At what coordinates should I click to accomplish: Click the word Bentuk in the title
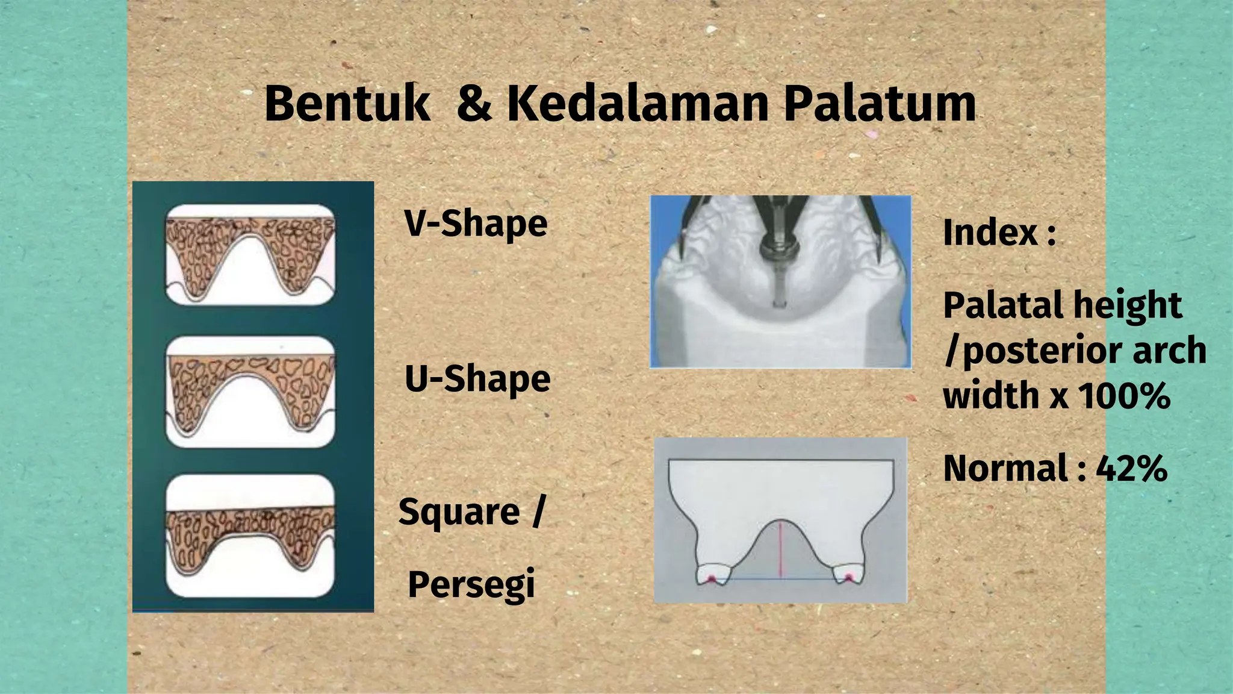pyautogui.click(x=347, y=104)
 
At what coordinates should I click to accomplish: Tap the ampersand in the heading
pyautogui.click(x=474, y=104)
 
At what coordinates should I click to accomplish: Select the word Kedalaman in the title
pyautogui.click(x=638, y=104)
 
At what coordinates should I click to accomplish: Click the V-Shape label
pyautogui.click(x=476, y=224)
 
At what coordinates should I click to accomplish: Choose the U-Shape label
pyautogui.click(x=477, y=379)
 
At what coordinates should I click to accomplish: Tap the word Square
pyautogui.click(x=459, y=512)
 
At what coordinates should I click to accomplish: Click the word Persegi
pyautogui.click(x=471, y=584)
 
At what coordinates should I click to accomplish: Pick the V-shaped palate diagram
pyautogui.click(x=250, y=255)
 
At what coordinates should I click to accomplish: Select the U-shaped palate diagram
pyautogui.click(x=250, y=392)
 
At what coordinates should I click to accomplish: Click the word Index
pyautogui.click(x=990, y=233)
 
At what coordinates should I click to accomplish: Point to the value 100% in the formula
pyautogui.click(x=1123, y=396)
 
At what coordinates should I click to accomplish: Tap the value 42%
pyautogui.click(x=1131, y=469)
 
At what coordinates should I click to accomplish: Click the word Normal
pyautogui.click(x=1005, y=469)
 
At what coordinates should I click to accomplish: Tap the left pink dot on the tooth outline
pyautogui.click(x=711, y=579)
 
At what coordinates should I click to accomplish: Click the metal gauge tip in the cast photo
pyautogui.click(x=778, y=301)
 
